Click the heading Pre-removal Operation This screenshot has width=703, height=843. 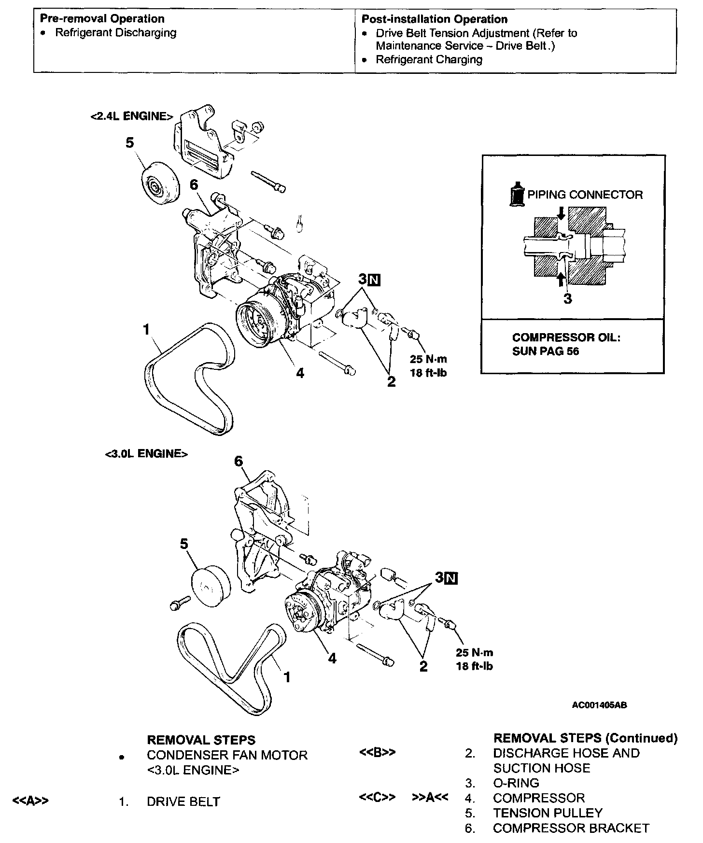click(102, 19)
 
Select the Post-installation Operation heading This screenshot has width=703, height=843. click(434, 19)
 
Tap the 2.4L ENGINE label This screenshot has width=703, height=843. click(131, 116)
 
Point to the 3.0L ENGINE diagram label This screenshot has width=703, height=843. click(146, 454)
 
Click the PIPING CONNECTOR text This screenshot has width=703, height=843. click(585, 195)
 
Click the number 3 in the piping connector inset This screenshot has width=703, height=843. click(568, 299)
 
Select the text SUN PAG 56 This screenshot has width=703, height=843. click(545, 351)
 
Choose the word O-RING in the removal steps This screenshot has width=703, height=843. click(516, 783)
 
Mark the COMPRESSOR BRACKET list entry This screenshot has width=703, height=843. click(571, 828)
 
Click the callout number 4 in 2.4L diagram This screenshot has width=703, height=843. click(300, 373)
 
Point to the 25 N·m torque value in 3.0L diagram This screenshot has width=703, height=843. click(474, 653)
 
